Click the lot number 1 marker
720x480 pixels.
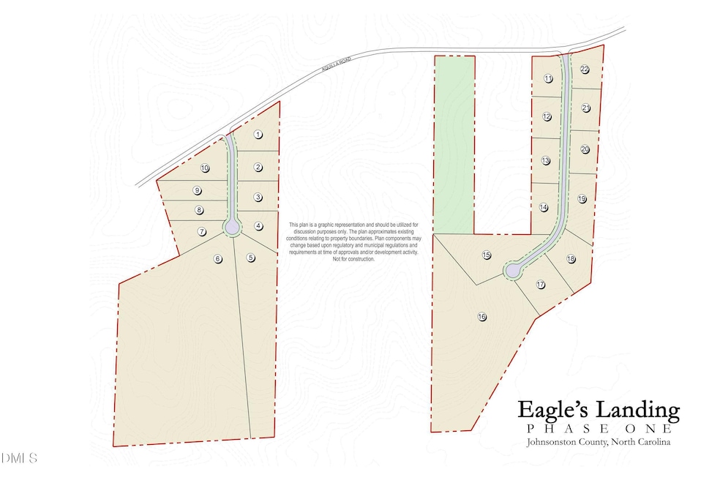point(258,135)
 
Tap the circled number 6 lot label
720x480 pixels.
point(217,258)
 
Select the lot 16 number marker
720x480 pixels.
point(481,317)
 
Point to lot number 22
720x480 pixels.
point(585,70)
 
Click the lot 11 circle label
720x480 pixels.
point(548,78)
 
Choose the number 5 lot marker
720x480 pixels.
point(251,258)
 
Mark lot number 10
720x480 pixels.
point(205,168)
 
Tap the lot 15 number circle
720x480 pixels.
point(487,255)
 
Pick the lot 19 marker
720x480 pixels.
point(582,198)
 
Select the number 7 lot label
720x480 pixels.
point(203,232)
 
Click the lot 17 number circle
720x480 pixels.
point(541,284)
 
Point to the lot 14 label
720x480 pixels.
point(544,208)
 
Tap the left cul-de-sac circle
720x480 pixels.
point(232,227)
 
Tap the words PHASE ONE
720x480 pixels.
point(599,429)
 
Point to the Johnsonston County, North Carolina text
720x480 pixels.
point(599,443)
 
